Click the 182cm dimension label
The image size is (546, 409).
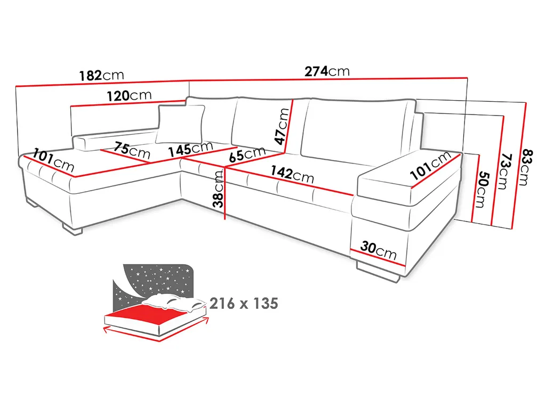(101, 75)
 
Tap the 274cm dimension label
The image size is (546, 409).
(327, 71)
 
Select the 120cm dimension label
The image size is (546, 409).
(129, 96)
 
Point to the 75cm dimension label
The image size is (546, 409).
(132, 150)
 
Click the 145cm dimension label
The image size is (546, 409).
(191, 149)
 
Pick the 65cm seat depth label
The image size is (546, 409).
(247, 154)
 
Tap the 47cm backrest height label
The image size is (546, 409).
(282, 126)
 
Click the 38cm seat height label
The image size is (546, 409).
(218, 189)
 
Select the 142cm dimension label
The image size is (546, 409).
(292, 174)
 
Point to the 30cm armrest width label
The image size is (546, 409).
(379, 250)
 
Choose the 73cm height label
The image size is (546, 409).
(504, 171)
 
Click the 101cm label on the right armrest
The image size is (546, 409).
(430, 166)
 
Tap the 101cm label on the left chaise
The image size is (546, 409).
(53, 160)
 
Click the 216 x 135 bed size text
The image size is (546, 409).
(244, 303)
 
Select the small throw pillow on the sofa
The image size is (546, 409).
(180, 124)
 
